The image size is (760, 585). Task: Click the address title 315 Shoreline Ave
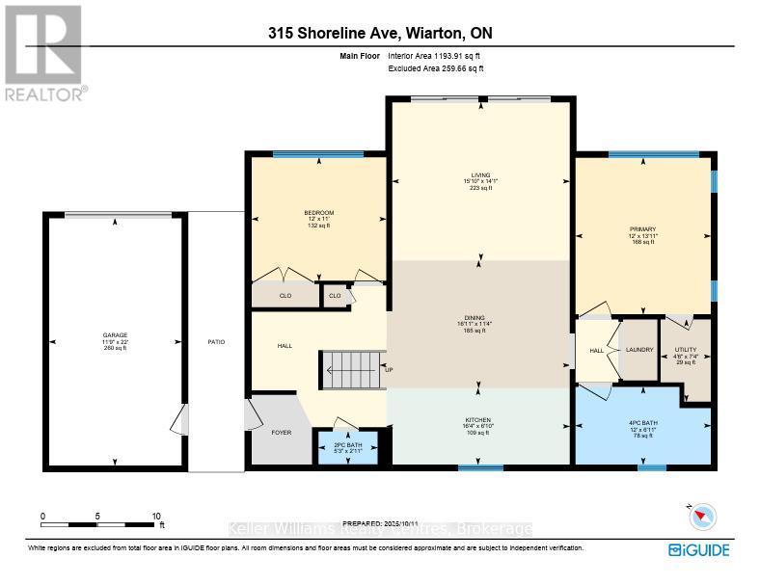click(381, 34)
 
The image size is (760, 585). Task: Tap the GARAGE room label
click(115, 335)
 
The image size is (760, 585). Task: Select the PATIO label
click(217, 342)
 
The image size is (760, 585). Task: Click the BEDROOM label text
click(318, 213)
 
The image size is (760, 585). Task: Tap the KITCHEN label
click(478, 420)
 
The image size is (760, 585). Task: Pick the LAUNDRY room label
click(639, 350)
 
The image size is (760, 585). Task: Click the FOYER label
click(281, 433)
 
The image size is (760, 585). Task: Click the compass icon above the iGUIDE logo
click(702, 518)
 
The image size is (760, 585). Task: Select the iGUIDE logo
click(699, 550)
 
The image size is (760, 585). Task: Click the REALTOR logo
click(43, 53)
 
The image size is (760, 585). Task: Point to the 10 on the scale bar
click(156, 517)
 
